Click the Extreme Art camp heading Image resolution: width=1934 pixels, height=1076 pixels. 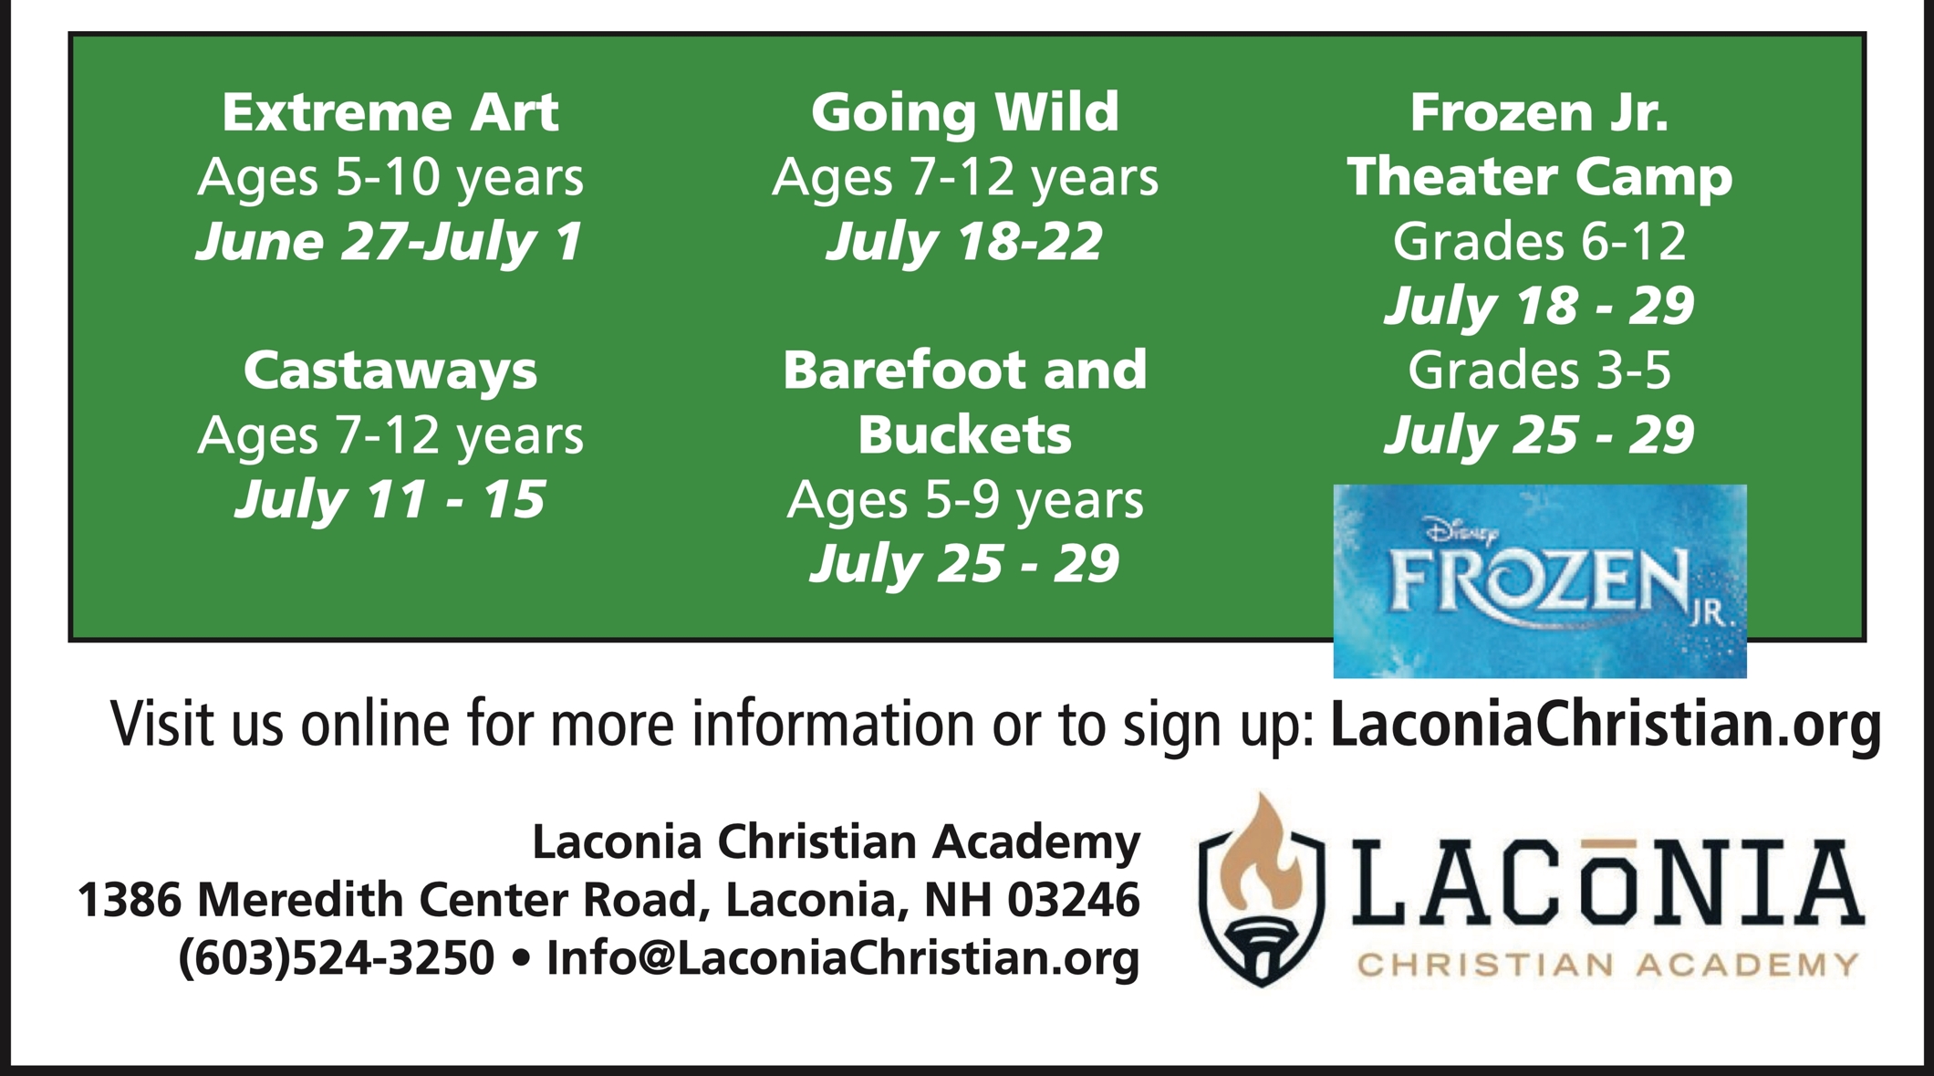click(x=390, y=112)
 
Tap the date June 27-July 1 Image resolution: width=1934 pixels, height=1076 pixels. click(x=390, y=243)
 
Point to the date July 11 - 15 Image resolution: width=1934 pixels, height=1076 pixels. click(x=390, y=500)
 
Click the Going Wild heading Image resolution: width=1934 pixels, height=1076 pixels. click(x=965, y=114)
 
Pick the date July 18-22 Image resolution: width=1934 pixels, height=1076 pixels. click(x=965, y=243)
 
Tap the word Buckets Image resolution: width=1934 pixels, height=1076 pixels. click(x=965, y=435)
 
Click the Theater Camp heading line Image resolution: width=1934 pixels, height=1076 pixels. click(x=1540, y=178)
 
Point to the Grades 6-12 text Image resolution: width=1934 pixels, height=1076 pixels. click(x=1540, y=242)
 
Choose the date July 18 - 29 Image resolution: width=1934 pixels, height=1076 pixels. click(x=1540, y=306)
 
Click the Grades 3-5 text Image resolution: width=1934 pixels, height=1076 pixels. click(x=1540, y=371)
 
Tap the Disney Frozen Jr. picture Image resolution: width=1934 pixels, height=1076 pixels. click(x=1540, y=581)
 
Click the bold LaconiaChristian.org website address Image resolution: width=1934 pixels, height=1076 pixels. click(x=1606, y=725)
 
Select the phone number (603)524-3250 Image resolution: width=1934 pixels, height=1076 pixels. click(x=336, y=958)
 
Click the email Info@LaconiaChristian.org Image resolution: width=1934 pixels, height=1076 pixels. click(x=843, y=958)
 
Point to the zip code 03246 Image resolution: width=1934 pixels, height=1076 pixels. click(x=1074, y=900)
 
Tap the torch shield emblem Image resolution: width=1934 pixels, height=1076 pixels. click(x=1262, y=891)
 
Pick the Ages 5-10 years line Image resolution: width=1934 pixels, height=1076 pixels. click(x=390, y=178)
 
